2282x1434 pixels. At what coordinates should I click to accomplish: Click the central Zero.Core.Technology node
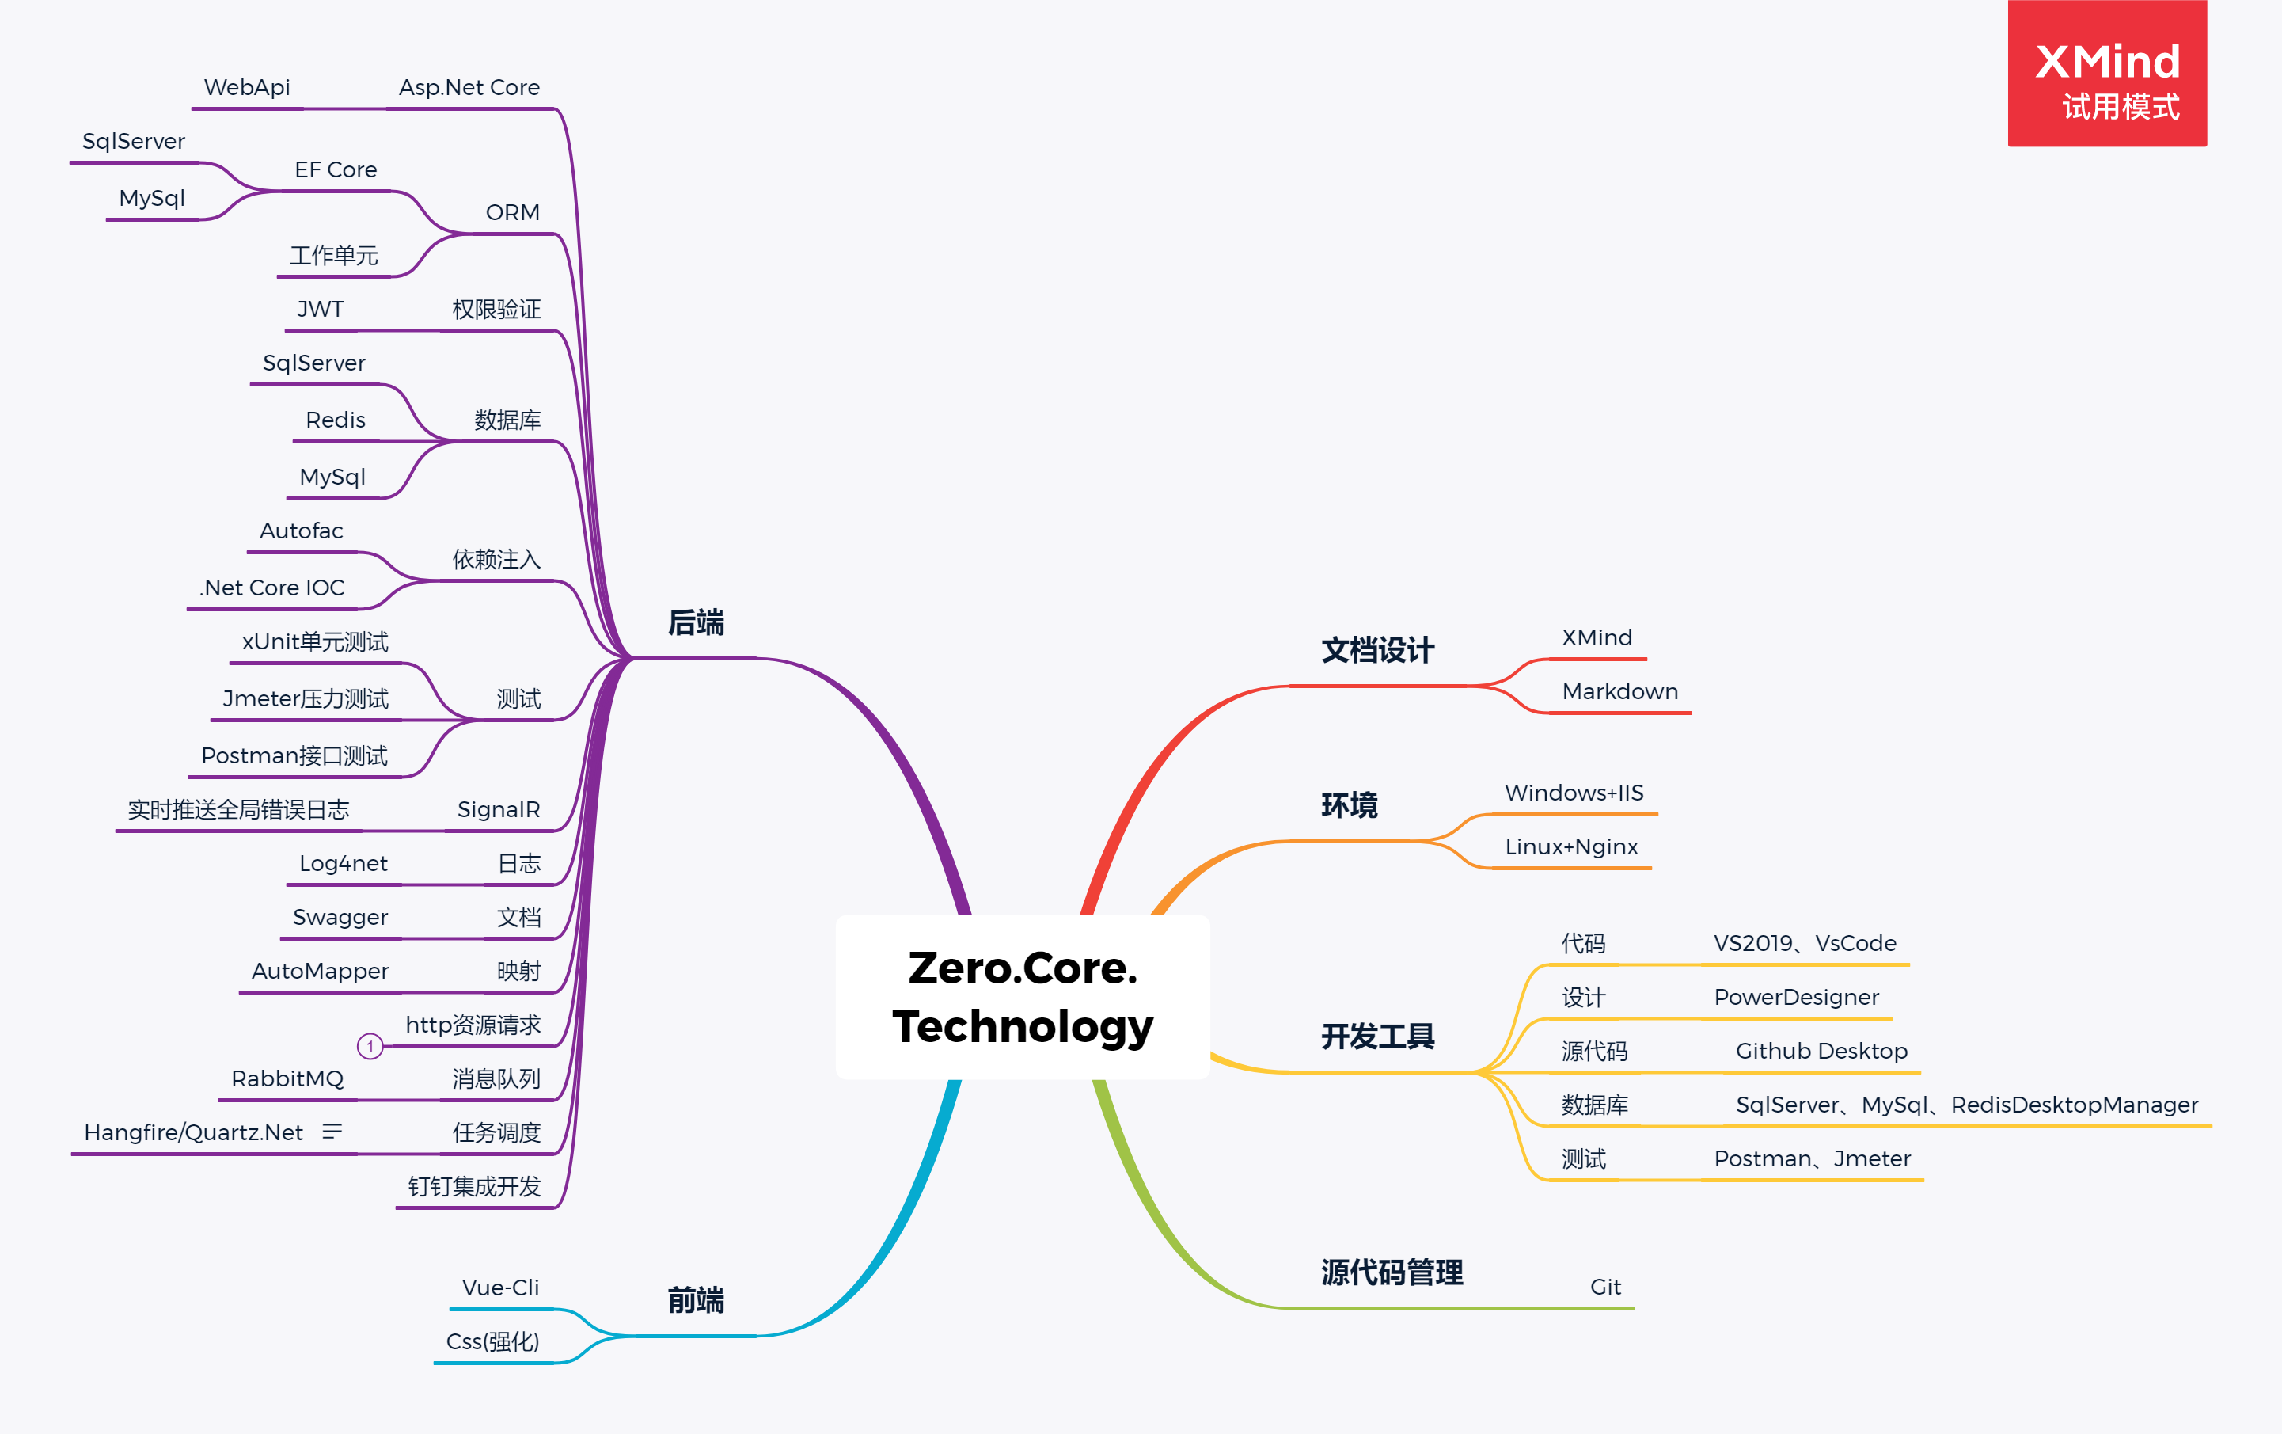tap(1023, 996)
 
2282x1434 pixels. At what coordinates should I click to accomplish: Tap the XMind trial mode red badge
tap(2107, 74)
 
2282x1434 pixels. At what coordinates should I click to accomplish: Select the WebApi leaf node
tap(246, 87)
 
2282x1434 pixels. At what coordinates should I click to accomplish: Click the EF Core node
tap(336, 169)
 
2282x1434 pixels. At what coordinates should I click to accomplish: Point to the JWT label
tap(321, 309)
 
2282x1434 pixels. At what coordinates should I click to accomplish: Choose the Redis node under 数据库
tap(336, 420)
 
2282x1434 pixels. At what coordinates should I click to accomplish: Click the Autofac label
tap(302, 531)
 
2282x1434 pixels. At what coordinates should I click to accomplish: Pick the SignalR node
tap(499, 809)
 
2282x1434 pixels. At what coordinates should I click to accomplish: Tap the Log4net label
tap(343, 863)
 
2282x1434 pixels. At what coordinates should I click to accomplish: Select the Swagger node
tap(340, 918)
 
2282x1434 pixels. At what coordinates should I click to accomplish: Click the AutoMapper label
tap(321, 972)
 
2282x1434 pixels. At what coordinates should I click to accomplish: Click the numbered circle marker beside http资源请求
tap(370, 1046)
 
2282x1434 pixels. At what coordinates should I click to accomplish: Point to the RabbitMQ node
tap(287, 1078)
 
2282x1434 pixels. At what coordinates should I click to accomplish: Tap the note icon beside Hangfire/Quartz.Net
tap(332, 1132)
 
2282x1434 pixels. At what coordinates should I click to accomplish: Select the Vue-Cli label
tap(500, 1287)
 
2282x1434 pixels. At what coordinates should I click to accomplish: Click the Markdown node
tap(1619, 692)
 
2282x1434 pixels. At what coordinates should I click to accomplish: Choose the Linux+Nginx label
tap(1571, 846)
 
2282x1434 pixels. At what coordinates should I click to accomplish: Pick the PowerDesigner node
tap(1796, 997)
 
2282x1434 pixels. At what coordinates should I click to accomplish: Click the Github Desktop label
tap(1821, 1051)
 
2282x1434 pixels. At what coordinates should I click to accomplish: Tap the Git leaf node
tap(1605, 1287)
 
